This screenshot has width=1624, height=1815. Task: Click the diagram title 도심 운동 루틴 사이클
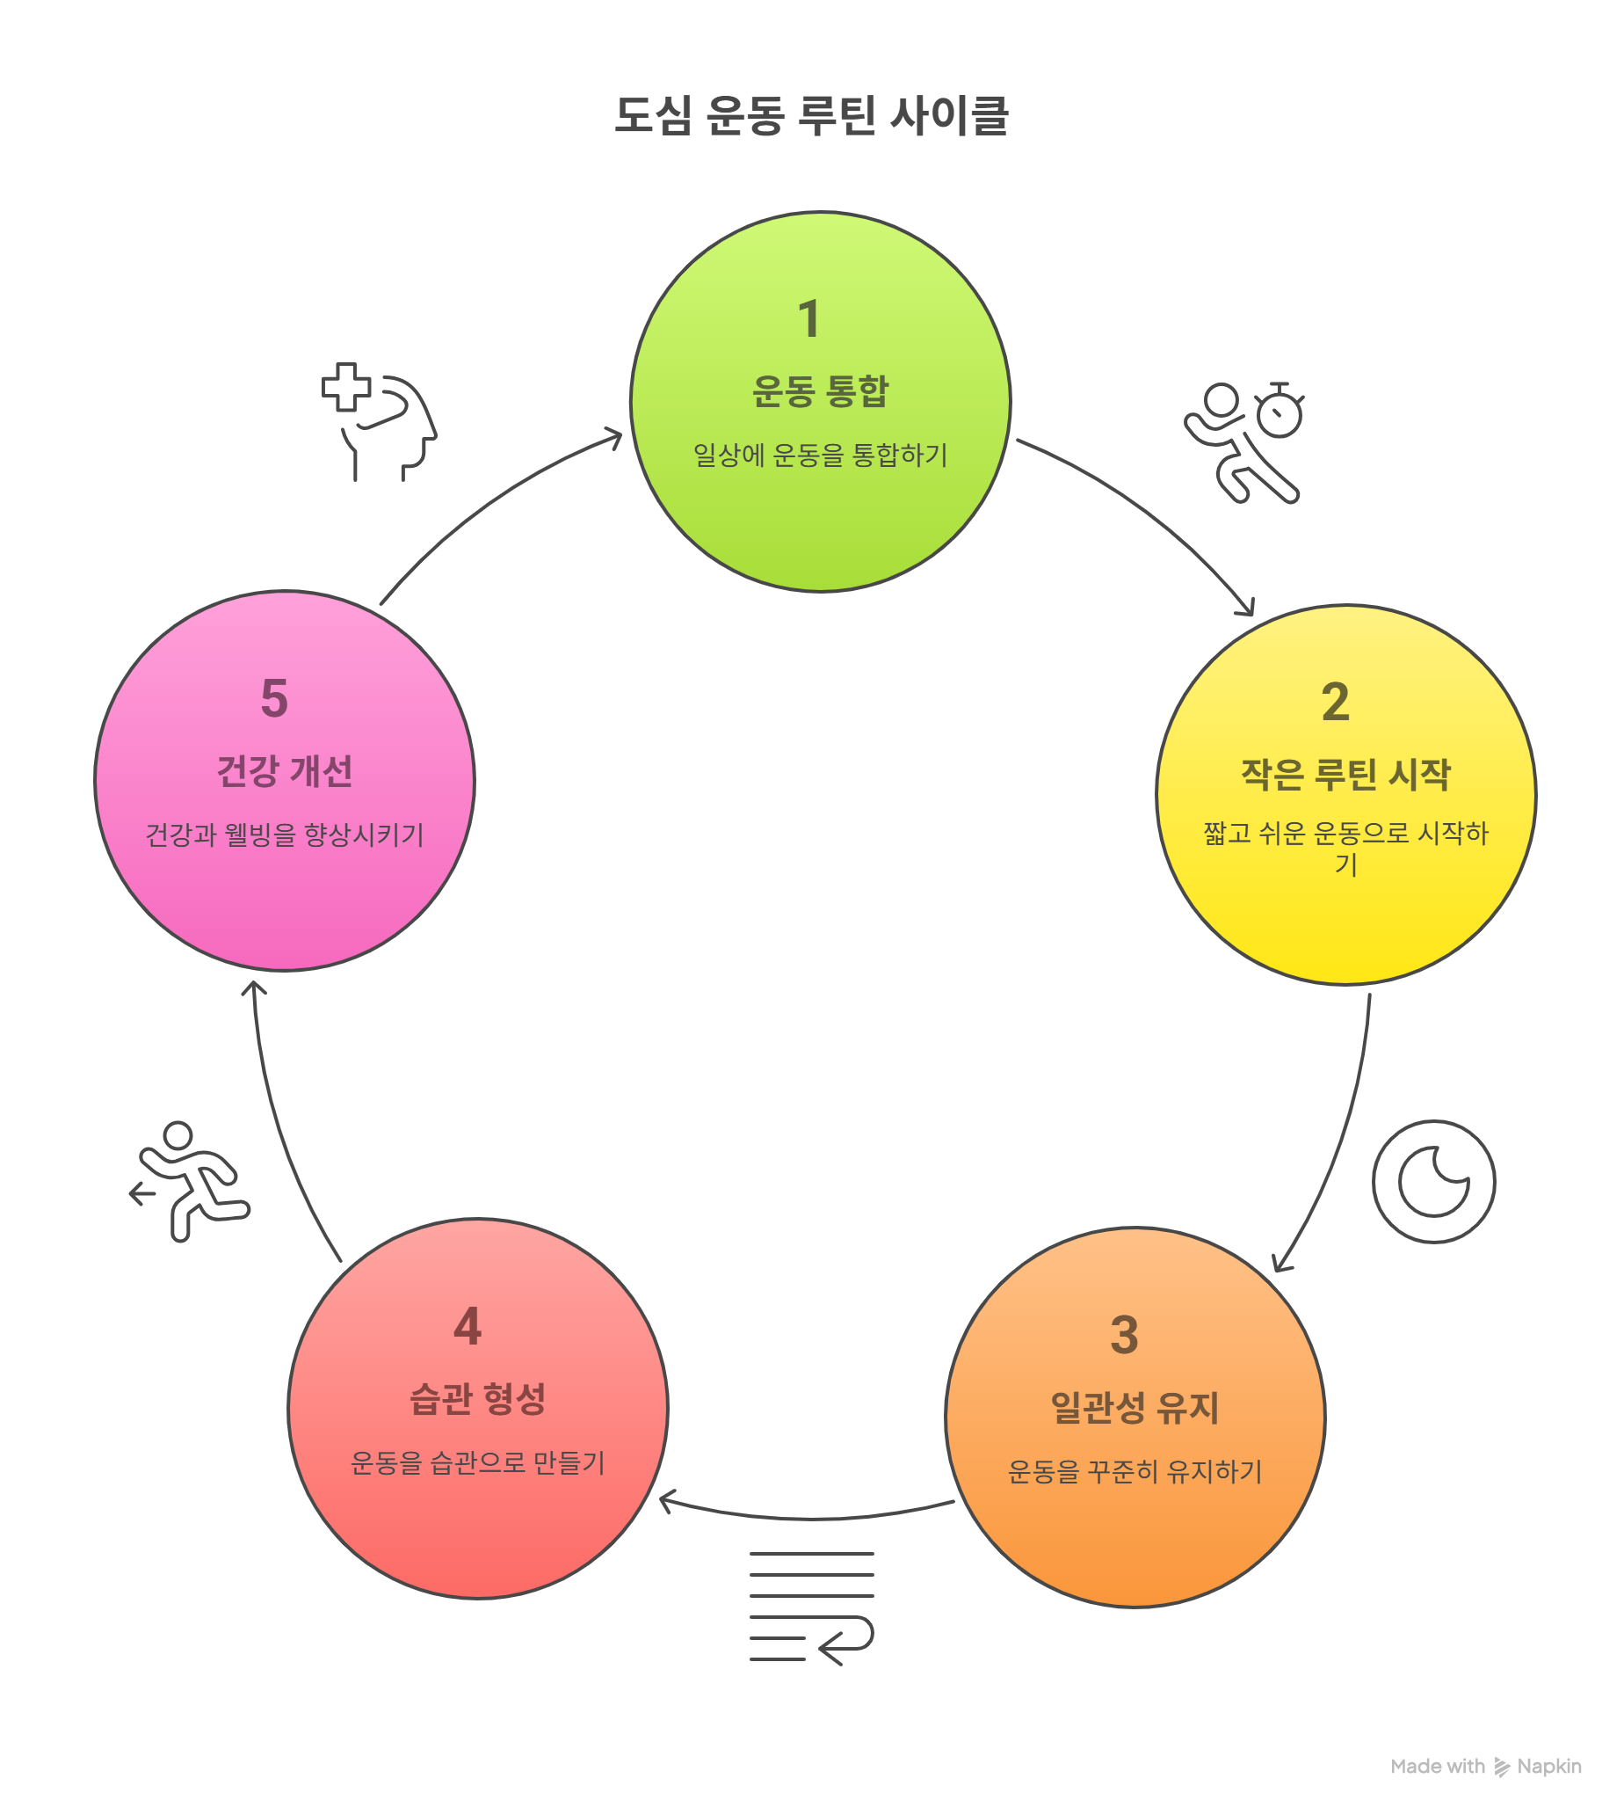811,116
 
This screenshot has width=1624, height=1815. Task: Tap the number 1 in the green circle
808,319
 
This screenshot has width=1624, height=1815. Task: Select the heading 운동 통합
820,391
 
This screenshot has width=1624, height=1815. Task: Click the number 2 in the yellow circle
1335,702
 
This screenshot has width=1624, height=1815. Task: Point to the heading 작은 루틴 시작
1345,774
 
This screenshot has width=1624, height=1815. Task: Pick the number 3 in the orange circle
1124,1336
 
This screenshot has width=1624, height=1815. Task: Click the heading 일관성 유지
1135,1408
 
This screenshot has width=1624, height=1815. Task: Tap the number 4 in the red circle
468,1326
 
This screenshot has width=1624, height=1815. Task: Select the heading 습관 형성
477,1399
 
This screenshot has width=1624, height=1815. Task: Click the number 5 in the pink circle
274,698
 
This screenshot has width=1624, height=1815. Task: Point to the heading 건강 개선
285,771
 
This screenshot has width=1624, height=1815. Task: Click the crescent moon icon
1433,1181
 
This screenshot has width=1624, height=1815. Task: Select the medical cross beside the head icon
346,388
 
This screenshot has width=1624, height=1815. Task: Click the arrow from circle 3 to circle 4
808,1517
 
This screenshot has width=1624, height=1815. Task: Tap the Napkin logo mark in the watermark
1503,1767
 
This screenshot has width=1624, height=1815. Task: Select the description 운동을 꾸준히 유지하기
1135,1471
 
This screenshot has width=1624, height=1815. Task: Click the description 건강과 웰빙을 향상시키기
285,835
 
